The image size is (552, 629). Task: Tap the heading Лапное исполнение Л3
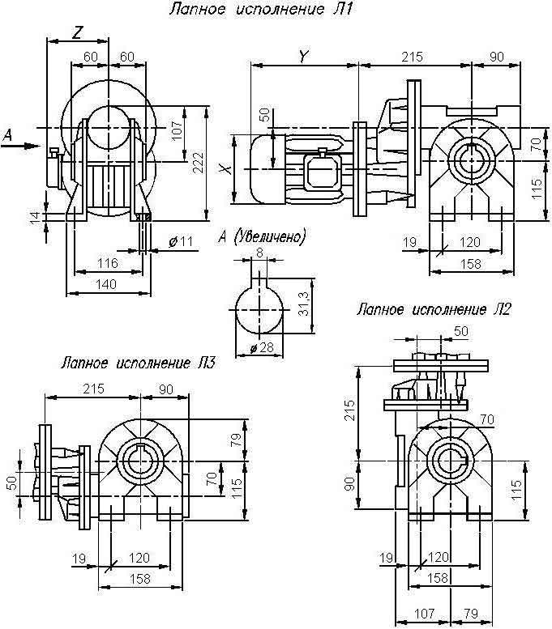coord(139,364)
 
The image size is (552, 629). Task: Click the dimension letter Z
coord(77,32)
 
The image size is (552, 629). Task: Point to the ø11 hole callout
coord(180,242)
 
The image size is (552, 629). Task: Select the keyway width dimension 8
coord(259,253)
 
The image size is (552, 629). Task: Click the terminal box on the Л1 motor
coord(323,170)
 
